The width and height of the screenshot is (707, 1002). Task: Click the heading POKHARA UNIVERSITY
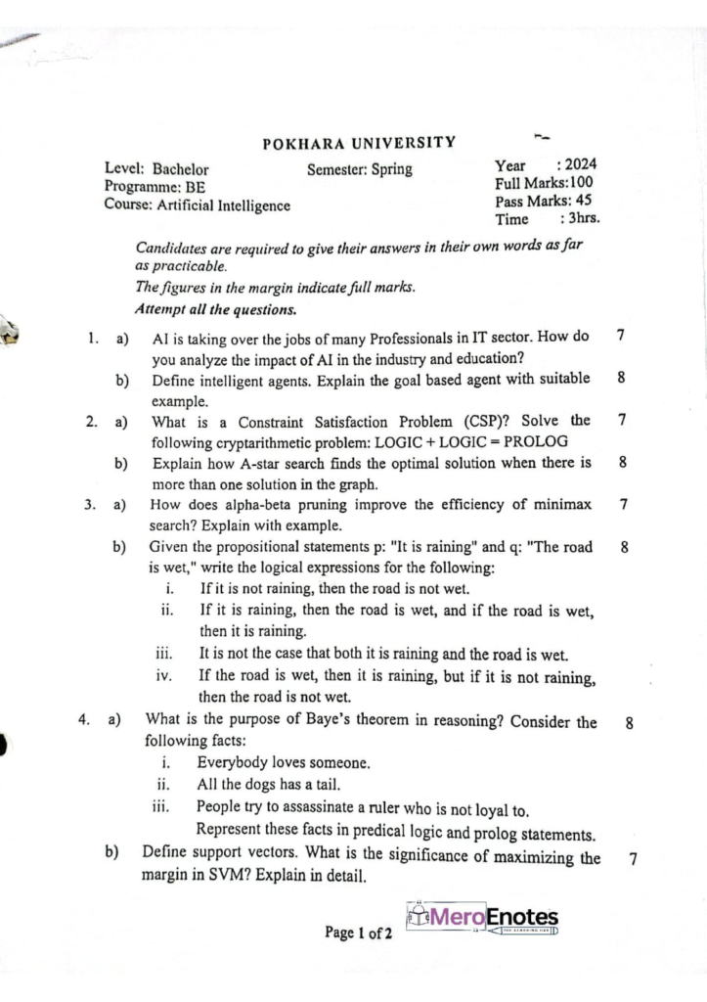pos(359,144)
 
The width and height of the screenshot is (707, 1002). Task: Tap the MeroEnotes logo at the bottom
pos(482,919)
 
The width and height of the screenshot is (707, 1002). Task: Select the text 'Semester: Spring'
pos(359,169)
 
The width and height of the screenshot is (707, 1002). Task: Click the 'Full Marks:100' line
pos(544,182)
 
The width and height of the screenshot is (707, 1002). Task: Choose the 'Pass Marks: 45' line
pos(543,201)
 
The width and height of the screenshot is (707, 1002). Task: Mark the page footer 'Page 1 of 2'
pos(359,933)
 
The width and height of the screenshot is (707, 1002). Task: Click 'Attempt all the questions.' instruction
pos(215,310)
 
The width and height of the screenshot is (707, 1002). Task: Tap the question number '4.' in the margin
pos(85,722)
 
